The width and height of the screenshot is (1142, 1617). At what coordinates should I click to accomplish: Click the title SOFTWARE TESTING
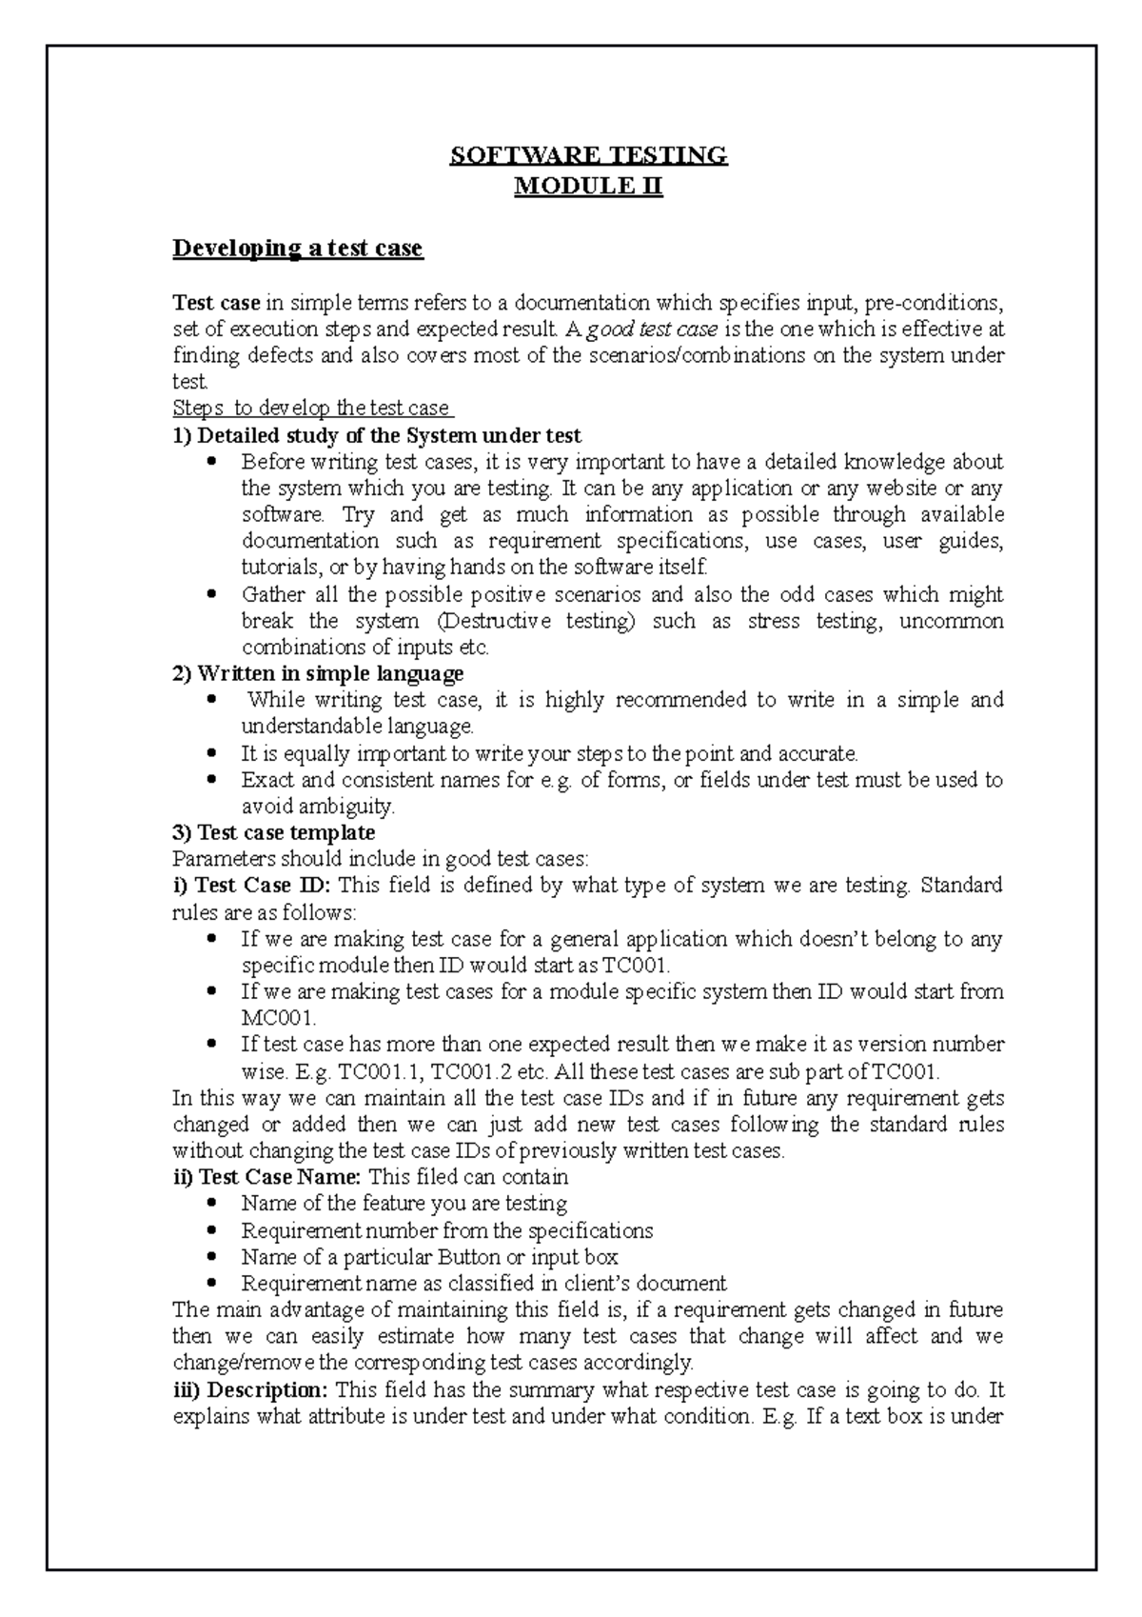(588, 155)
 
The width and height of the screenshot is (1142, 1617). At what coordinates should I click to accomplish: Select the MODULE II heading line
(588, 186)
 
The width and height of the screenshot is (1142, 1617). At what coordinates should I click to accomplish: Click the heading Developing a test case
(297, 249)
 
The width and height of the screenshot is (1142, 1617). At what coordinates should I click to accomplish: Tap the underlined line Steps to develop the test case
(313, 409)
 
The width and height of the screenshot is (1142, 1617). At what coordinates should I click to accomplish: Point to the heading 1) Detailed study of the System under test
(376, 436)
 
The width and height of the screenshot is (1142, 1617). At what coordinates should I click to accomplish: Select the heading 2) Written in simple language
(318, 674)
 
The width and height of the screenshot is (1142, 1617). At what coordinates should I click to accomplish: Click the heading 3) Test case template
(273, 833)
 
